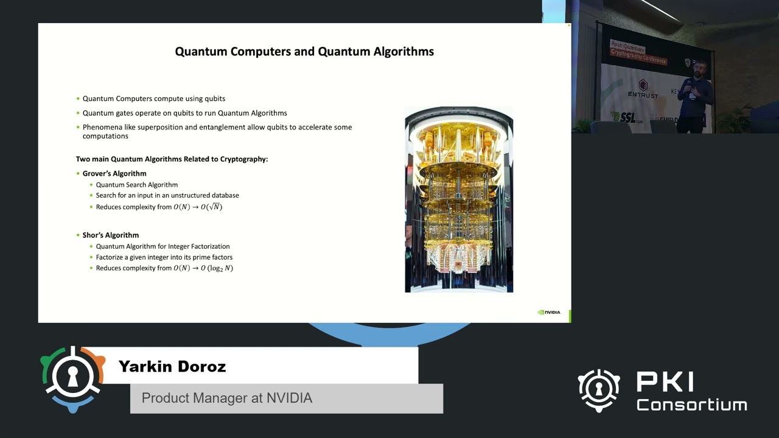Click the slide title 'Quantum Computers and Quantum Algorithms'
304,52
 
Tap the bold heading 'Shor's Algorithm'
111,235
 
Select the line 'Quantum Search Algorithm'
137,185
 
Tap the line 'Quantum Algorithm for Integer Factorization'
162,246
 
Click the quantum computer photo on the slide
459,200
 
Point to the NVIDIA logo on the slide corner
549,313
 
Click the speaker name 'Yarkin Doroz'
172,367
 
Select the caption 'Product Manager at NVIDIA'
227,398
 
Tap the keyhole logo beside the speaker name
72,379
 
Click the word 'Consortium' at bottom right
691,405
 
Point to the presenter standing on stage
694,97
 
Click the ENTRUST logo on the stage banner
643,89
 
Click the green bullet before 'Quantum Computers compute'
78,99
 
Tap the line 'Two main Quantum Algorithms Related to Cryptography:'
172,159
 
